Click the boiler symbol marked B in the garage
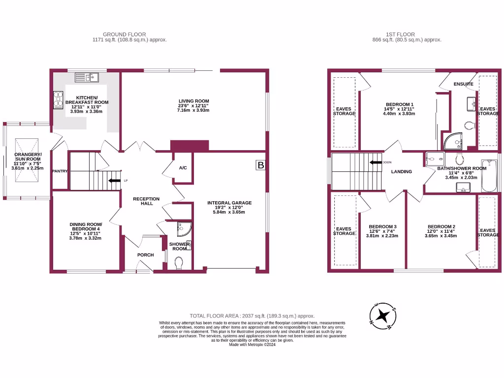pyautogui.click(x=260, y=166)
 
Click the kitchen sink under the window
pyautogui.click(x=87, y=77)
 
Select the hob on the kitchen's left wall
pyautogui.click(x=57, y=100)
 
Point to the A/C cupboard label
pyautogui.click(x=183, y=168)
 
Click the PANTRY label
pyautogui.click(x=61, y=171)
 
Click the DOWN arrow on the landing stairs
pyautogui.click(x=377, y=162)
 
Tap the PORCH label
pyautogui.click(x=146, y=255)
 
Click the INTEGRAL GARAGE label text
pyautogui.click(x=229, y=203)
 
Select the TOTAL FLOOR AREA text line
pyautogui.click(x=252, y=316)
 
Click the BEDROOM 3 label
pyautogui.click(x=382, y=227)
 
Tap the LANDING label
pyautogui.click(x=402, y=172)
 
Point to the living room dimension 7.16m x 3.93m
pyautogui.click(x=194, y=110)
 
